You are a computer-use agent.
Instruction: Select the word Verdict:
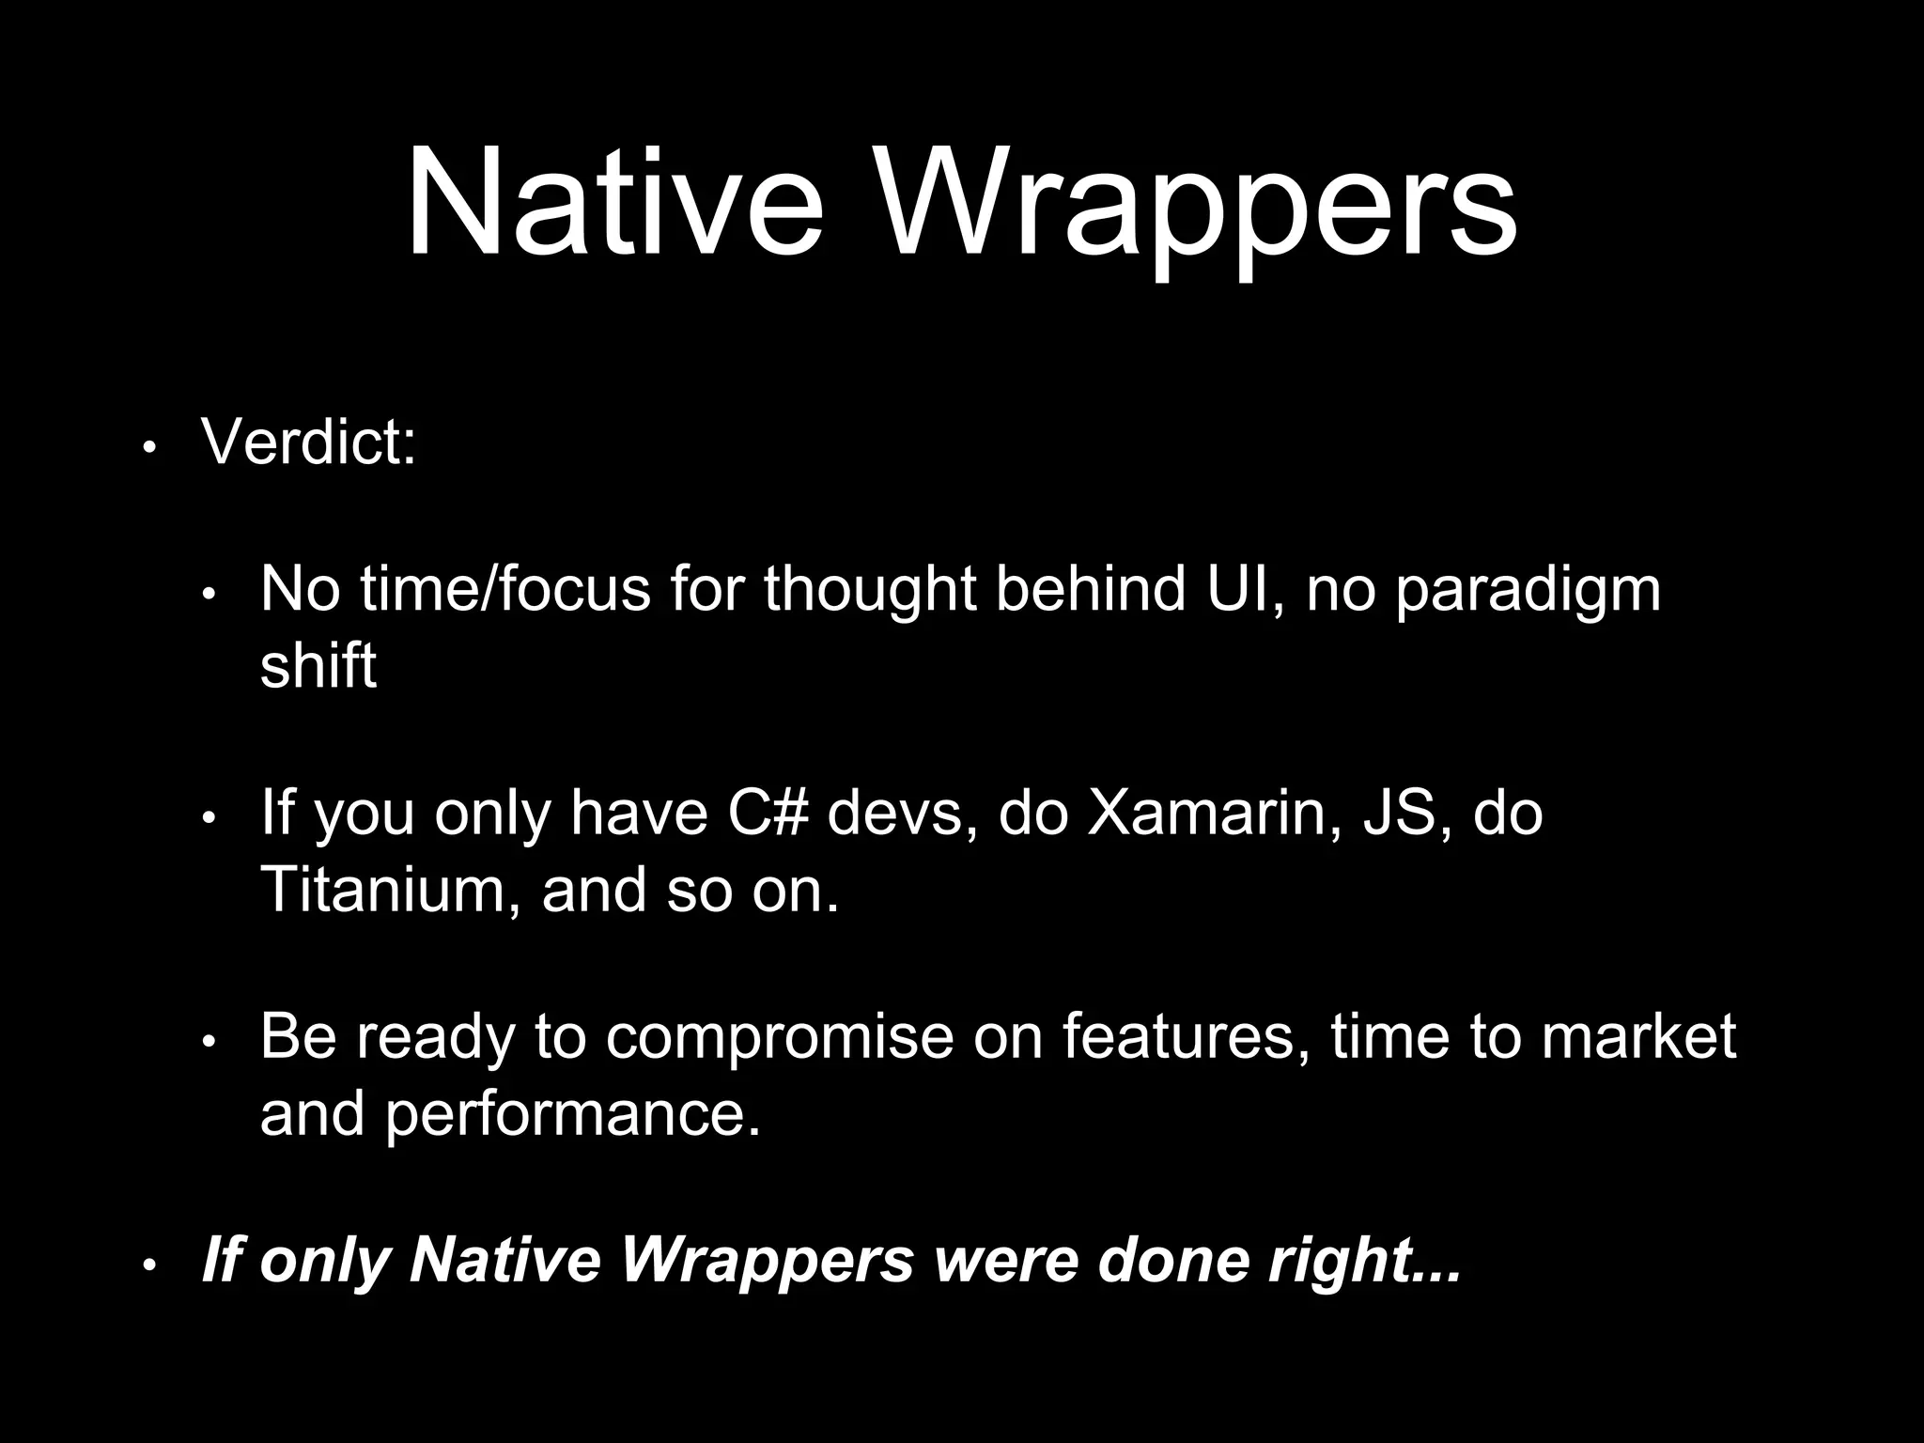pos(308,441)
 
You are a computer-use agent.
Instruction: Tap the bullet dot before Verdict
pos(148,449)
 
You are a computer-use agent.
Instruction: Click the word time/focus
pos(504,589)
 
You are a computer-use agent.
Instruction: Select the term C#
pos(767,813)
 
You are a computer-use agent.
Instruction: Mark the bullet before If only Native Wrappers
pos(148,1267)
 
